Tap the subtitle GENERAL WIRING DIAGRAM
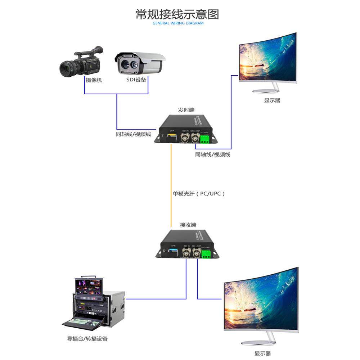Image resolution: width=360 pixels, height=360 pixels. (x=178, y=23)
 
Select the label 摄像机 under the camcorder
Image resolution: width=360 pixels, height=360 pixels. (x=94, y=80)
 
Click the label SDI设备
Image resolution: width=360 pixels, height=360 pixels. (x=136, y=80)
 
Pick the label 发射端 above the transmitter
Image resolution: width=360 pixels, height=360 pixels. (x=186, y=110)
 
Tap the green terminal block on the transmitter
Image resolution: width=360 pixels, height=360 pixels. (x=205, y=140)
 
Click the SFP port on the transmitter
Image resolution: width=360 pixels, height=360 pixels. (x=171, y=137)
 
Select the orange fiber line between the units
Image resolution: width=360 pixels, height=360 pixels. (x=171, y=180)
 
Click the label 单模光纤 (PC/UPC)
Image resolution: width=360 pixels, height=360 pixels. (x=199, y=194)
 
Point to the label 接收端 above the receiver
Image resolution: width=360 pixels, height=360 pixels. (x=188, y=225)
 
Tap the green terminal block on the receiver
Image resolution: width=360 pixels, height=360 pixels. (x=206, y=254)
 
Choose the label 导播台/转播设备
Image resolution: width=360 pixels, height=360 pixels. (x=87, y=338)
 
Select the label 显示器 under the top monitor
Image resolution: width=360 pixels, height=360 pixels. (x=272, y=100)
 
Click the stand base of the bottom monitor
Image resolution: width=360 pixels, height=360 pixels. (x=258, y=343)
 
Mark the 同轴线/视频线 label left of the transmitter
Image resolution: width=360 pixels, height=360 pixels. (x=133, y=134)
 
